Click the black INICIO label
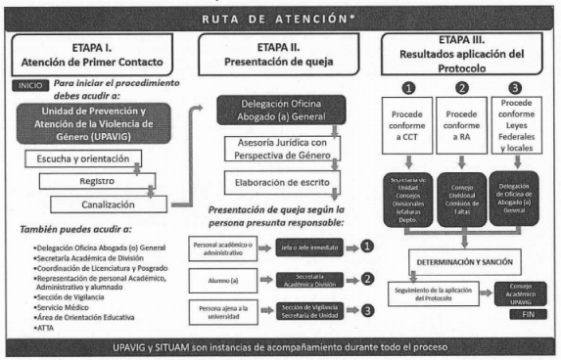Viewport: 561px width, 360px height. coord(29,86)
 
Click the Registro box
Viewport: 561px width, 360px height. coord(89,182)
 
